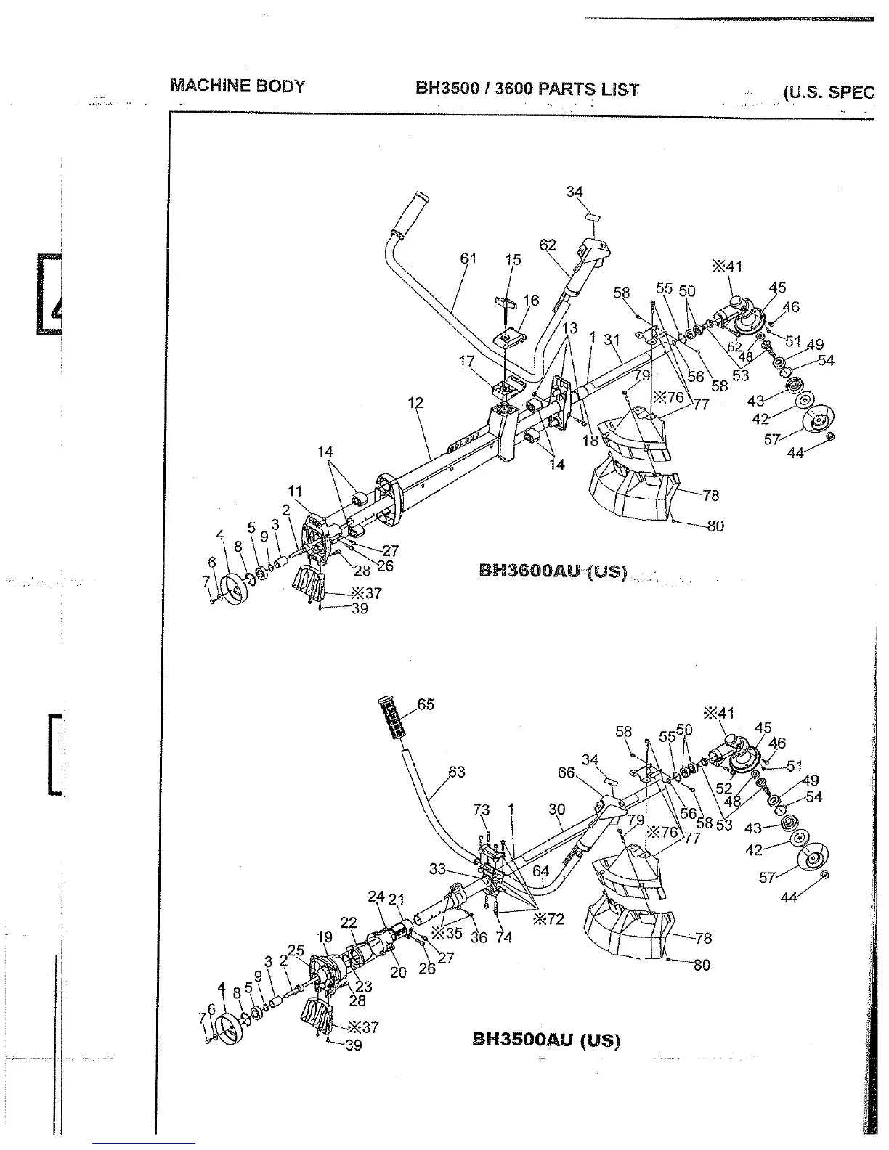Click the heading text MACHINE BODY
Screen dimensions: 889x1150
(x=238, y=86)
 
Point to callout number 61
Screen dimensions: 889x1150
(x=468, y=258)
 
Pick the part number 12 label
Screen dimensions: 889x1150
(x=415, y=403)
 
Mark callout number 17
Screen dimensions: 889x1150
(x=466, y=361)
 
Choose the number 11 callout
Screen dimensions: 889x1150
(x=295, y=492)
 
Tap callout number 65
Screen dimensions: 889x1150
(x=426, y=704)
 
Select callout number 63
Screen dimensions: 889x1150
(x=456, y=772)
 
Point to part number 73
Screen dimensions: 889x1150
(x=482, y=810)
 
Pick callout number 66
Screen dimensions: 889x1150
(x=567, y=773)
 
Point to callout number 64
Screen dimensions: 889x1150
(x=540, y=871)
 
